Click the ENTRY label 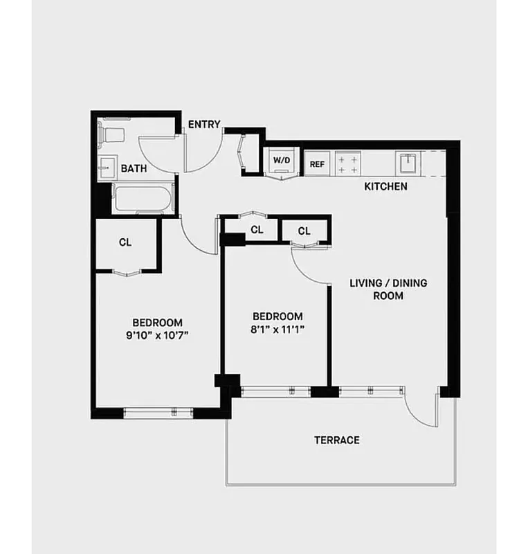coord(204,125)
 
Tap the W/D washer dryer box coord(281,161)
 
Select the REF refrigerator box coord(317,164)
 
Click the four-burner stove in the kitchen coord(347,164)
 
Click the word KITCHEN coord(386,186)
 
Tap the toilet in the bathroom coord(113,134)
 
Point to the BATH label coord(134,168)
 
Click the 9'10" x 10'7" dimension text coord(157,335)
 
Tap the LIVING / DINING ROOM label coord(388,289)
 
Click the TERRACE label coord(337,440)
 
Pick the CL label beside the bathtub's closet coord(125,242)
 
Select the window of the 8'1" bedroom coord(275,391)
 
